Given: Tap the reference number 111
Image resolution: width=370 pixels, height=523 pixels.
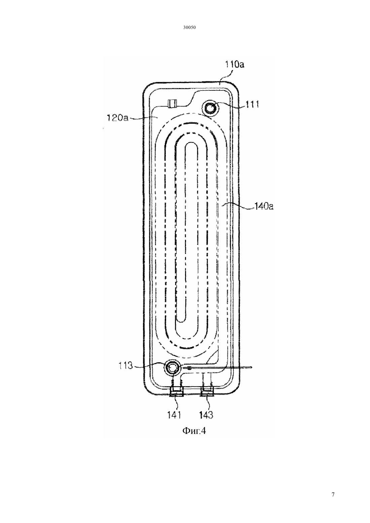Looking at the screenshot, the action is [x=252, y=105].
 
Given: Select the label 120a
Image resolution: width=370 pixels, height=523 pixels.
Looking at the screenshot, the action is [x=117, y=118].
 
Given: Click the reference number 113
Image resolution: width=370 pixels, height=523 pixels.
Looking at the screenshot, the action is [x=125, y=366].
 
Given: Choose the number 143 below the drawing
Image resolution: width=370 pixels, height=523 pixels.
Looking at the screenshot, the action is [x=207, y=415].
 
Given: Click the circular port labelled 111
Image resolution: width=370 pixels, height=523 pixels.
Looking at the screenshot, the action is [x=211, y=108].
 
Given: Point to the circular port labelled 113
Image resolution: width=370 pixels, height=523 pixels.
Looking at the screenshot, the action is [x=172, y=367].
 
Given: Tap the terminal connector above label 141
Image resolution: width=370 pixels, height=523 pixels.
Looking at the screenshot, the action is [x=176, y=391].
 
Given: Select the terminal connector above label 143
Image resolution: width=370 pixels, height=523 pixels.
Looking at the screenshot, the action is [x=207, y=391].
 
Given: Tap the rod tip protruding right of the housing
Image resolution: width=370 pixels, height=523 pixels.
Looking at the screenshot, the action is [x=251, y=367].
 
